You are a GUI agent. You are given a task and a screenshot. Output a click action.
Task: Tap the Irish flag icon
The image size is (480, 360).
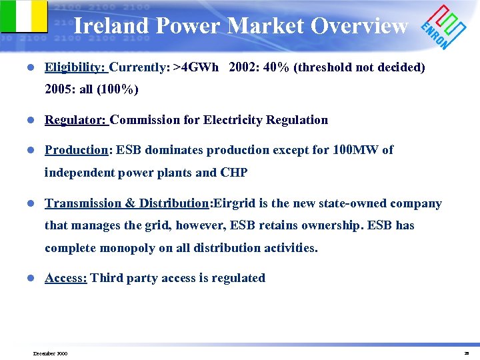click(24, 16)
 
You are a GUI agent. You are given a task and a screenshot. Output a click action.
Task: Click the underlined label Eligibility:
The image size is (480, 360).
click(75, 67)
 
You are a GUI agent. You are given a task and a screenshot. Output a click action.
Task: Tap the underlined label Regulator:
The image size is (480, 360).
click(75, 120)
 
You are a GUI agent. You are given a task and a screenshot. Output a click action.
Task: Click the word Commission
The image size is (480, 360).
click(144, 120)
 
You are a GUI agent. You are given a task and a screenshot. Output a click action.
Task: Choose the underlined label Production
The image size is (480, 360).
click(76, 150)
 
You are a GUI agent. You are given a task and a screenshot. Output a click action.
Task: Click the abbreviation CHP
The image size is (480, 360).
click(234, 173)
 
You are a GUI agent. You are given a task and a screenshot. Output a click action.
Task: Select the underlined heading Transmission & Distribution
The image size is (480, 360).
click(127, 203)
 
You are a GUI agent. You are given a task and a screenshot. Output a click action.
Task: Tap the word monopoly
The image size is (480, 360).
click(126, 248)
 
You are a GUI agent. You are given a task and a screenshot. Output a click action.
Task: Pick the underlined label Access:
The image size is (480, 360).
click(65, 278)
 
